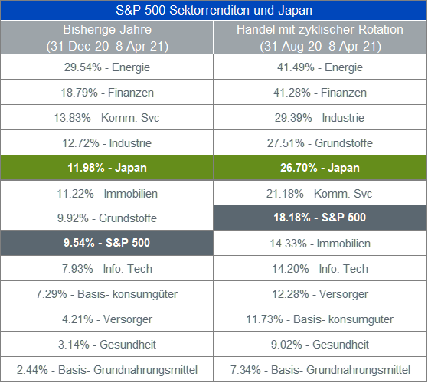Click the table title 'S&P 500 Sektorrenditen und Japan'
tap(214, 11)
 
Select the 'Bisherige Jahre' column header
tap(106, 38)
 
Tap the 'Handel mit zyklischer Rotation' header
tap(320, 38)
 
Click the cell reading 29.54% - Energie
tap(106, 67)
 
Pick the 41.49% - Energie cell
tap(320, 67)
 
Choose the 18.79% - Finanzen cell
tap(106, 92)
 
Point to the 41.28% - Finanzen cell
tap(320, 92)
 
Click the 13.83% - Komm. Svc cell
tap(106, 118)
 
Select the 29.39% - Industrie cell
tap(320, 118)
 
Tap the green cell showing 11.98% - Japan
tap(106, 168)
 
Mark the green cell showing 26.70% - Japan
tap(320, 168)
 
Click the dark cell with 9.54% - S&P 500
tap(106, 243)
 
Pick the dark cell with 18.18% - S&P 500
tap(320, 218)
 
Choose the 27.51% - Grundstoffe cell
tap(320, 142)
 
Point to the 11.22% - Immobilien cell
tap(106, 193)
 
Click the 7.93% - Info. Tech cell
tap(106, 268)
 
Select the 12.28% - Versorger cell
tap(320, 293)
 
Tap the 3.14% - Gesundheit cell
tap(106, 344)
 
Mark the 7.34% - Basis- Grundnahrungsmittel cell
tap(320, 370)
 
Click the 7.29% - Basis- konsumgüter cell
tap(106, 293)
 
